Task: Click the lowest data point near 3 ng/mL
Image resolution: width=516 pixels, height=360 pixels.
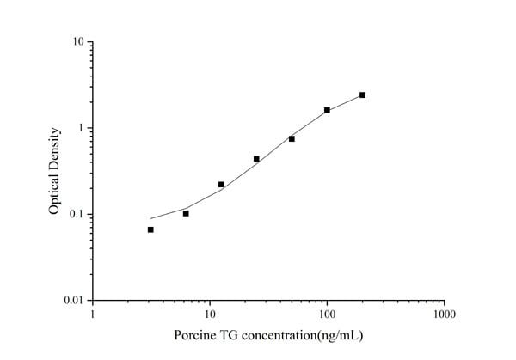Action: tap(150, 229)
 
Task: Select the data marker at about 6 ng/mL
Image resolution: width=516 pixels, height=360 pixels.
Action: tap(186, 213)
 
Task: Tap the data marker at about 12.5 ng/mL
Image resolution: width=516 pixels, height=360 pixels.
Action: tap(221, 185)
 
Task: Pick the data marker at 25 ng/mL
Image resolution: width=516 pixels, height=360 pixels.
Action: tap(256, 159)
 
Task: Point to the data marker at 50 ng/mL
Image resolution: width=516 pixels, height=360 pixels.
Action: tap(292, 138)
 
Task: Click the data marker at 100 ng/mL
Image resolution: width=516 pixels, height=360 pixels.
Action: tap(327, 110)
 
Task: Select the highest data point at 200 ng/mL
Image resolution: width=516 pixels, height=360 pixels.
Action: tap(362, 95)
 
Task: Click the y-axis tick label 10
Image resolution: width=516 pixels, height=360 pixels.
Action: tap(77, 42)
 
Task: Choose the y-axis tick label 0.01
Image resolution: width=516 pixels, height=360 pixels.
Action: tap(73, 300)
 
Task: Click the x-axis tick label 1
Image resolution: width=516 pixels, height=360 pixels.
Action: tap(93, 314)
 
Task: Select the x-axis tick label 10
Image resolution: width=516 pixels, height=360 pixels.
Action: tap(210, 314)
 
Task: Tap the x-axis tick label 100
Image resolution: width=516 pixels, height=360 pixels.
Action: tap(327, 314)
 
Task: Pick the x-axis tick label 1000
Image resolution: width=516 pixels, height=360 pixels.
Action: tap(444, 314)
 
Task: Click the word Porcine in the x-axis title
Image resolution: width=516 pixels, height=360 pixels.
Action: tap(194, 335)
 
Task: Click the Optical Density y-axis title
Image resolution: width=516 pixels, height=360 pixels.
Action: tap(54, 171)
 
